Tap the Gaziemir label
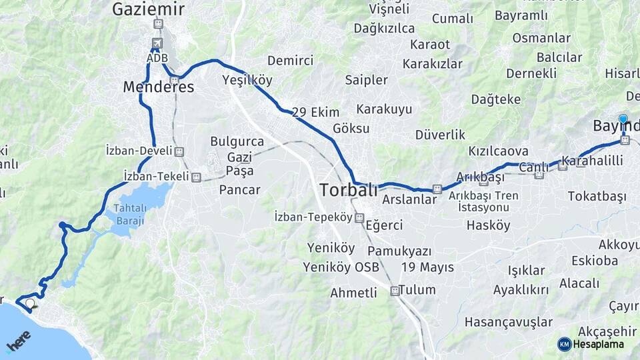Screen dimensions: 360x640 [148, 9]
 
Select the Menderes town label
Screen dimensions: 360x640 [159, 87]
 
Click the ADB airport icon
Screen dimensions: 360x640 [157, 44]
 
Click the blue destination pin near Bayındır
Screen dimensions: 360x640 [623, 120]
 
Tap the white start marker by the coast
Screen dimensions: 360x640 [30, 304]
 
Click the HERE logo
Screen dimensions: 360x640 [19, 341]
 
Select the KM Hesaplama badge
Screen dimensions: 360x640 [591, 344]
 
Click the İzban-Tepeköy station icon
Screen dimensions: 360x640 [359, 217]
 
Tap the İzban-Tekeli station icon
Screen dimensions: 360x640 [196, 177]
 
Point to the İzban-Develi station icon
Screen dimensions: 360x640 [179, 151]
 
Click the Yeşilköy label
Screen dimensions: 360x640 [247, 81]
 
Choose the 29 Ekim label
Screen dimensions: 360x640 [315, 112]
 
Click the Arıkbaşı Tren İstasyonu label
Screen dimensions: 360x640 [483, 201]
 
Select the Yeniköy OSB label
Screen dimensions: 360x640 [341, 267]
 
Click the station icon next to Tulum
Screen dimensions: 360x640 [395, 291]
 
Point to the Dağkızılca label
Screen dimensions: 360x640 [384, 28]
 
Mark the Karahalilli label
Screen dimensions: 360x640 [593, 161]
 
